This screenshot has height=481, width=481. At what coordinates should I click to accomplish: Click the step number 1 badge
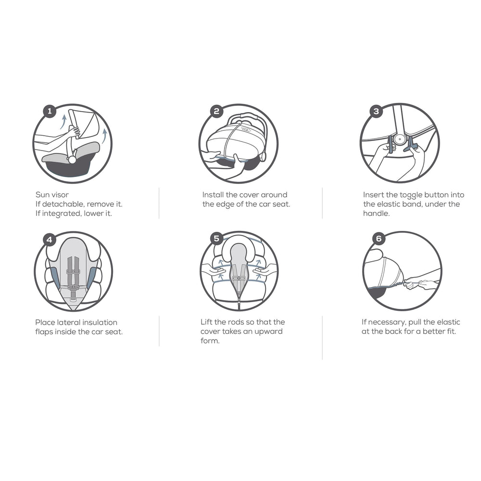(50, 111)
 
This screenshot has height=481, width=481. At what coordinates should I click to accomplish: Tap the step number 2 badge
(216, 111)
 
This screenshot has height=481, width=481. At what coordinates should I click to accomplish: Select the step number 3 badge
(377, 111)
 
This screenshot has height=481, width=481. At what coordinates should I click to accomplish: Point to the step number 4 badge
(50, 239)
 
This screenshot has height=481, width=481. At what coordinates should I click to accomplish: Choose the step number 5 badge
(216, 239)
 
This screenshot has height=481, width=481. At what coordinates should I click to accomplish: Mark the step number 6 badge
(379, 239)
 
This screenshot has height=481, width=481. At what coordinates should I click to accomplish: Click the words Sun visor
(52, 195)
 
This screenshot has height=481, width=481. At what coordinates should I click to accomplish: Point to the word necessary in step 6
(387, 322)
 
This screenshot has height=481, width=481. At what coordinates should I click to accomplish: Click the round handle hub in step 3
(399, 139)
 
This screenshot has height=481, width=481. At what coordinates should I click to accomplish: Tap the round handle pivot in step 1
(73, 160)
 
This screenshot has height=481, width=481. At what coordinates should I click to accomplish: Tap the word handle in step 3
(377, 214)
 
